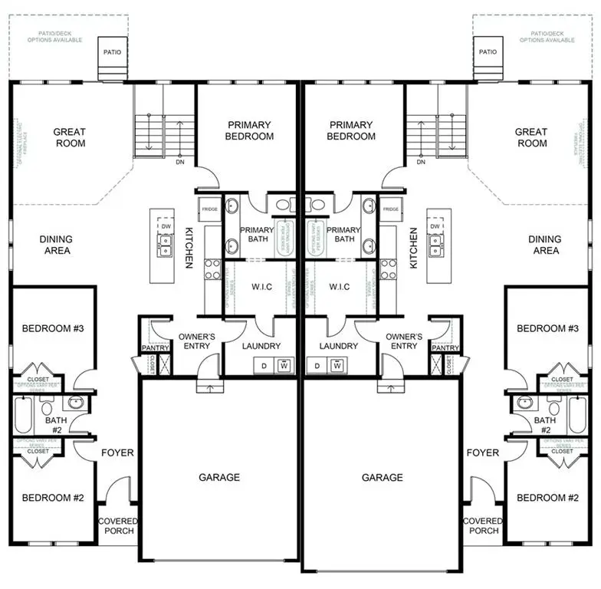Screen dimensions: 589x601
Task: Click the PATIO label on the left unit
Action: click(112, 52)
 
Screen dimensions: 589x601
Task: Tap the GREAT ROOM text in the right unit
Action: click(531, 137)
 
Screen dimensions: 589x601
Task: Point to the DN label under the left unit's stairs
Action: click(180, 163)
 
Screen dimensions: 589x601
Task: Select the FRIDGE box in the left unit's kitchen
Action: click(209, 209)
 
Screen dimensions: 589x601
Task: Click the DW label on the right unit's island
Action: click(435, 226)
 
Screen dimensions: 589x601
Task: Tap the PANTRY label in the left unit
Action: click(155, 348)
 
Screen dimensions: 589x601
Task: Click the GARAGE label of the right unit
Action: click(383, 477)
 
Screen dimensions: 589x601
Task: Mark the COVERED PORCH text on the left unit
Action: click(117, 526)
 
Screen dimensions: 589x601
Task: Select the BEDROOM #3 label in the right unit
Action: click(547, 328)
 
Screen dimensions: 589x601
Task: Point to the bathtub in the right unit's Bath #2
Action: click(576, 415)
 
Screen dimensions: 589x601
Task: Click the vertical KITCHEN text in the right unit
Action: click(414, 248)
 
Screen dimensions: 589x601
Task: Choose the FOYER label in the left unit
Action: click(117, 452)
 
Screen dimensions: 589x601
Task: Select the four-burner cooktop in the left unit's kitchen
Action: click(212, 268)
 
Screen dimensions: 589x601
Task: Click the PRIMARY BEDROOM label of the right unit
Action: click(351, 130)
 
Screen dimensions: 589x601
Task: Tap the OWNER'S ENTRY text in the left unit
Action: click(197, 341)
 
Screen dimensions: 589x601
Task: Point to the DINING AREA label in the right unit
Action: click(545, 245)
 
